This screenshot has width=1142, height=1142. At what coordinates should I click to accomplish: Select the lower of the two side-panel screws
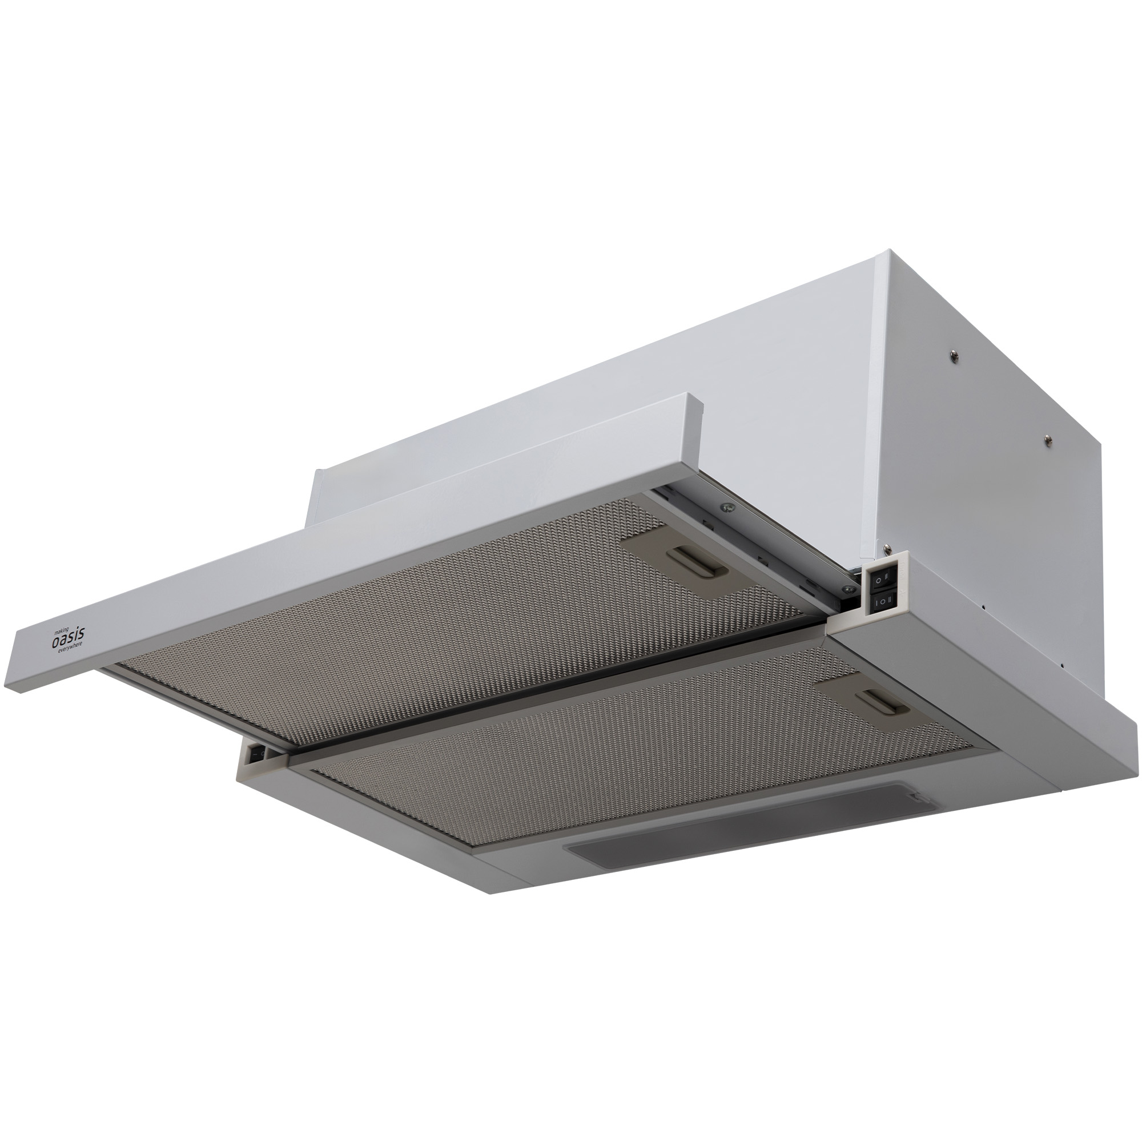1048,440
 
